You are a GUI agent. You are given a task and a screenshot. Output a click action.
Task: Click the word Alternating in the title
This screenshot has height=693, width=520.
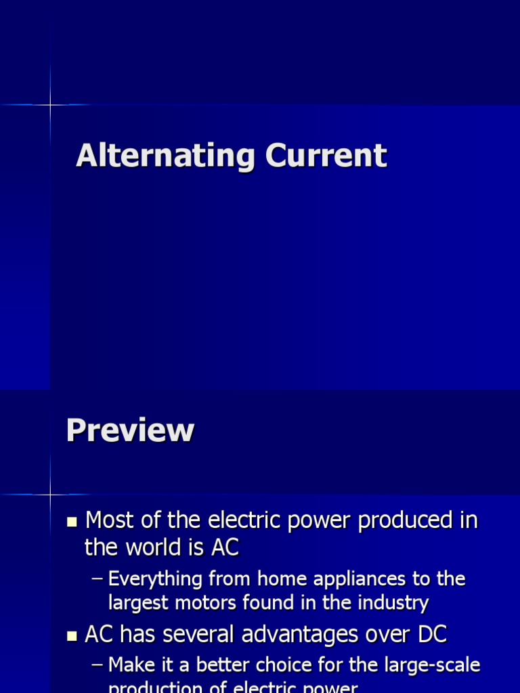tap(165, 156)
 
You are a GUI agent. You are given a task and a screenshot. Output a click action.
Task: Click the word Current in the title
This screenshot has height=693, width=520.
tap(326, 156)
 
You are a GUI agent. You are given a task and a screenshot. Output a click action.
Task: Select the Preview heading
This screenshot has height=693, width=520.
tap(130, 430)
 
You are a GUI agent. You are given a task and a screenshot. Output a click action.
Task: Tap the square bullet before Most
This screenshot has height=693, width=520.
tap(72, 521)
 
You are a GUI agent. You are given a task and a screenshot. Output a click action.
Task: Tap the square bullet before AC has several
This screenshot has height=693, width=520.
tap(72, 636)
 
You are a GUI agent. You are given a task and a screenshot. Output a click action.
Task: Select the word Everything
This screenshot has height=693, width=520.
tap(155, 579)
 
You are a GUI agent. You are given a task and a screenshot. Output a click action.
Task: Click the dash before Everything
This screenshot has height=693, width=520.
tap(97, 579)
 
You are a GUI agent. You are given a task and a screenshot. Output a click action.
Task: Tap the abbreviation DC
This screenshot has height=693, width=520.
tap(431, 635)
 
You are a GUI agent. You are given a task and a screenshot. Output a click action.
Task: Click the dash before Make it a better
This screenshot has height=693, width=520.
tap(97, 666)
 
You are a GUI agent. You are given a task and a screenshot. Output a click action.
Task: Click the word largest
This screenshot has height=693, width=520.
tap(141, 602)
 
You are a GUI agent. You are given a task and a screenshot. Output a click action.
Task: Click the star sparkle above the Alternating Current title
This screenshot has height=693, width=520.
tap(51, 105)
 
